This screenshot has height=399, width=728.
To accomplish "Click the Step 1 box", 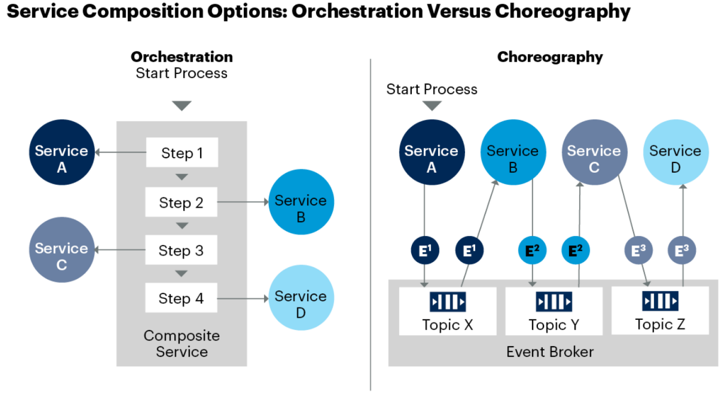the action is point(182,153).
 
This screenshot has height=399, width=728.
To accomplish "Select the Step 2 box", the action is point(182,202).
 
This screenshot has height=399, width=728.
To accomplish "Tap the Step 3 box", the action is point(182,250).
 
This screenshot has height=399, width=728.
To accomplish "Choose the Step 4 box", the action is point(182,298).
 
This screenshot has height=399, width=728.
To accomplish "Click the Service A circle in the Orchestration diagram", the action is point(62,153).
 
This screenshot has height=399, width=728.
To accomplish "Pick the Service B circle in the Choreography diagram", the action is point(513,153).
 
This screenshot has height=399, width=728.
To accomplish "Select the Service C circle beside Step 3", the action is point(62,250).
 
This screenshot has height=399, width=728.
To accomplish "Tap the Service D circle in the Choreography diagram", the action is point(676,153).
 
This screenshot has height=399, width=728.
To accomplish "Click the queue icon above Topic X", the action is point(448,302).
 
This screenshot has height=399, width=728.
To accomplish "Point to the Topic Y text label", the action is point(554,325).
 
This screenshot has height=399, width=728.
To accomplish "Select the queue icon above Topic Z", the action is point(660,301).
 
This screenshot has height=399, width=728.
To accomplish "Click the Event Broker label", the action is point(550,352).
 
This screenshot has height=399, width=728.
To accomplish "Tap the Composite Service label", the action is point(182,344).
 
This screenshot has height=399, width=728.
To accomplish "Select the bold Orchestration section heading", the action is point(182,57).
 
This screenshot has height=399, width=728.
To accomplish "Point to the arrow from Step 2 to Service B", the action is point(243,202).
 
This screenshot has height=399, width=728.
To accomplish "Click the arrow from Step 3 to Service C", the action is point(120,250).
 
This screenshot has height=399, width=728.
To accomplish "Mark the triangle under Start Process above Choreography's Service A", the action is point(432,106).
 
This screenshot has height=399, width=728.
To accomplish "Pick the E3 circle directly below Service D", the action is point(682,251).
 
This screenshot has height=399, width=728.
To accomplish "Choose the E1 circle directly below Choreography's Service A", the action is point(425,251).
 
